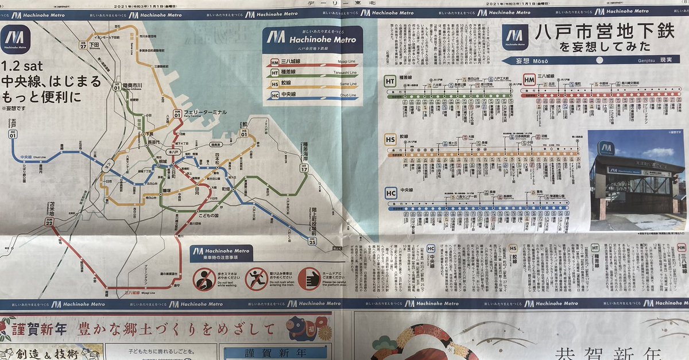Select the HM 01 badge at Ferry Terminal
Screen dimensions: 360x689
point(178,113)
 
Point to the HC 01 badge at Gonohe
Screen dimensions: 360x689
point(13,134)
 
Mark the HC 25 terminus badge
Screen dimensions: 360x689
point(312,241)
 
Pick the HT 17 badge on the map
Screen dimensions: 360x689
point(304,168)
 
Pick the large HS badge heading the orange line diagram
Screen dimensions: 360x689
point(390,139)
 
